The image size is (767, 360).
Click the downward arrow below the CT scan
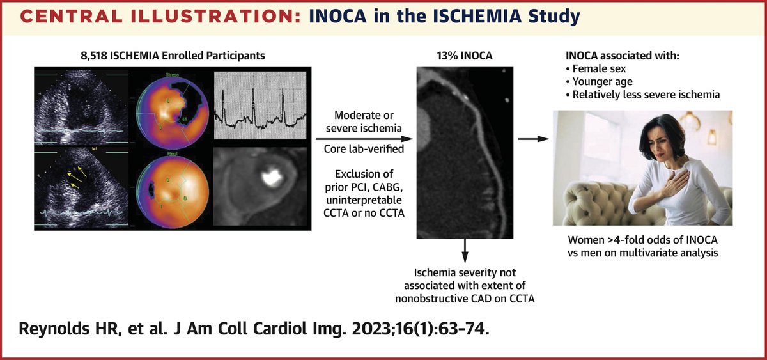pyautogui.click(x=465, y=249)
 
